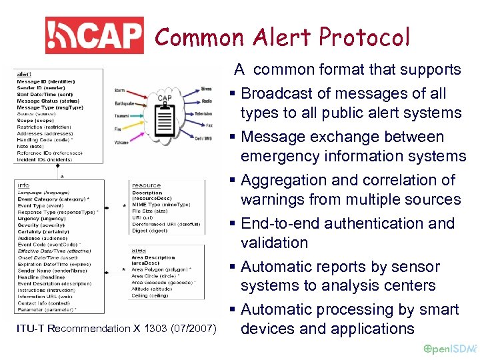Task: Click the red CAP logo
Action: pos(94,36)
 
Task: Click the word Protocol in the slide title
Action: pos(364,37)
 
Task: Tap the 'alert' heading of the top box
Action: pos(24,74)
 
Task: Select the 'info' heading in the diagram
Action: pos(23,185)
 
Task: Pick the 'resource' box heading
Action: pos(146,185)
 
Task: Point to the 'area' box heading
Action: pos(138,250)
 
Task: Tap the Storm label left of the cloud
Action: pos(119,91)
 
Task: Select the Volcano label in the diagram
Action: pos(122,142)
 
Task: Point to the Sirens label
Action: pos(207,88)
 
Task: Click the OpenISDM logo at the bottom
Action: pos(450,349)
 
